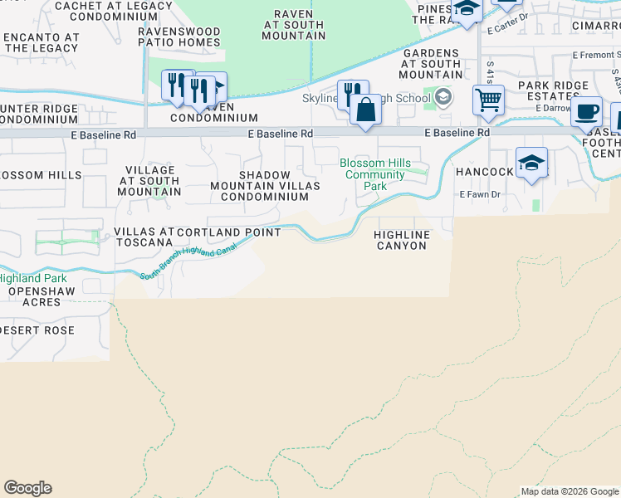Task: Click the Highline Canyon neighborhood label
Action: pos(403,240)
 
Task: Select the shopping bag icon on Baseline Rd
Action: pos(365,110)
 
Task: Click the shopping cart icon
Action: pos(488,100)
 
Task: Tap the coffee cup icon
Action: pos(587,112)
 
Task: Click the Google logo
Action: pos(27,488)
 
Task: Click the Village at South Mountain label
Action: pos(149,180)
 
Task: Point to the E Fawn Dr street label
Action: pos(481,194)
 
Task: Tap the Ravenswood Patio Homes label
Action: pos(179,37)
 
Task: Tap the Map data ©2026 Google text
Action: pos(569,491)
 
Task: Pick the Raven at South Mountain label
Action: pos(293,25)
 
